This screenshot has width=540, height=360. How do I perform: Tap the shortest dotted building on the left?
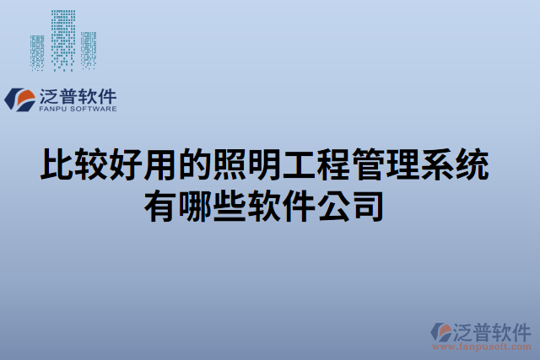coord(37,52)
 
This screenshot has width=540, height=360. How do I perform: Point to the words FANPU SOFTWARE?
coord(78,109)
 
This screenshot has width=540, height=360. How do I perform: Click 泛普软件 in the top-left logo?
coord(78,95)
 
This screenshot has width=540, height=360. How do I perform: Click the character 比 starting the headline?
coord(57,165)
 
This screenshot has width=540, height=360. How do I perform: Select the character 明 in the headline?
coord(258,165)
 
